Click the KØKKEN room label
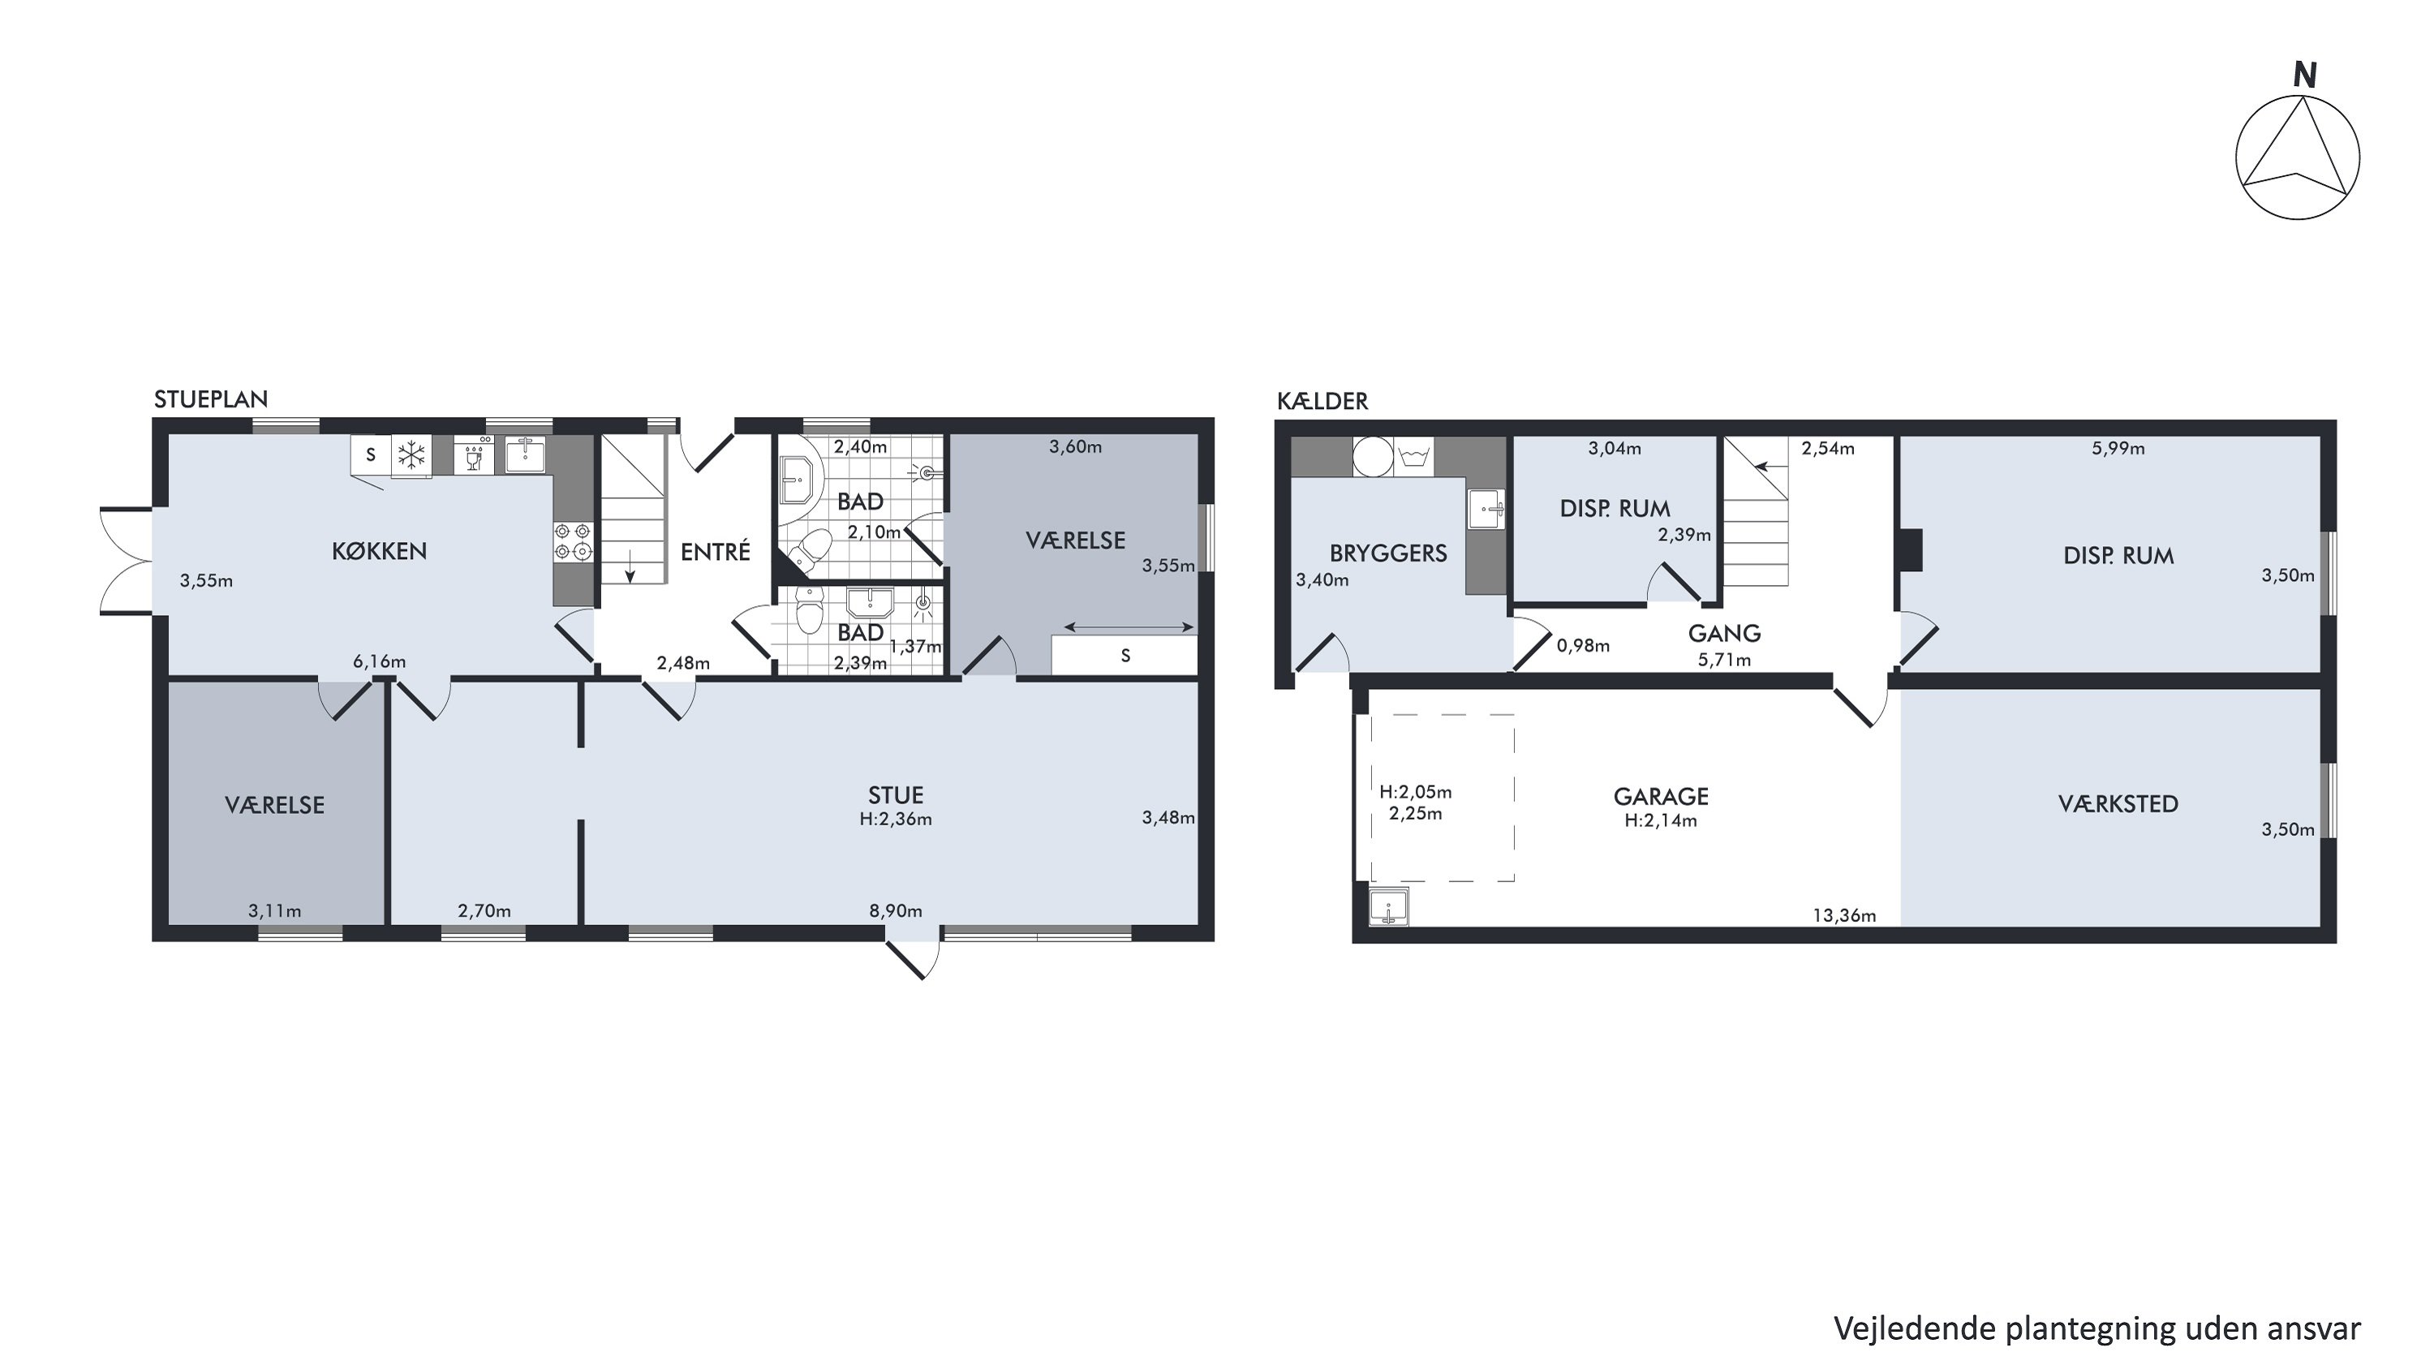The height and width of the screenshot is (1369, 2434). click(379, 551)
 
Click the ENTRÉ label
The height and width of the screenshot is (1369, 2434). click(716, 551)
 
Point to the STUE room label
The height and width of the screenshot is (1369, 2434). click(896, 794)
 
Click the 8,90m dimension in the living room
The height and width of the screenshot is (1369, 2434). click(896, 911)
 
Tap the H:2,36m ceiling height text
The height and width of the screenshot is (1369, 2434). click(896, 819)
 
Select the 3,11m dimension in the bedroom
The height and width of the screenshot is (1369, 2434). click(275, 911)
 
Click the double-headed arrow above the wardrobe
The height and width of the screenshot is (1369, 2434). click(1129, 626)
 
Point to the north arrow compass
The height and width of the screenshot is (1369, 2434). click(2297, 157)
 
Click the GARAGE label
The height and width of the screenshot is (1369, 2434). click(1661, 796)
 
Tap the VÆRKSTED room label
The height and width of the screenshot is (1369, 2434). click(2118, 803)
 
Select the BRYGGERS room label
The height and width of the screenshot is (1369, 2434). click(1388, 553)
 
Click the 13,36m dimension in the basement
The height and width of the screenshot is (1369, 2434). click(1844, 915)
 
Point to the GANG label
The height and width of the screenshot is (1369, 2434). click(1724, 633)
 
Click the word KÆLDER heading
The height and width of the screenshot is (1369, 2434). click(1322, 401)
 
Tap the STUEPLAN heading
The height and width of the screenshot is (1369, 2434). click(211, 398)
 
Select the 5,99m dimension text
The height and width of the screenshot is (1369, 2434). click(2118, 448)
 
